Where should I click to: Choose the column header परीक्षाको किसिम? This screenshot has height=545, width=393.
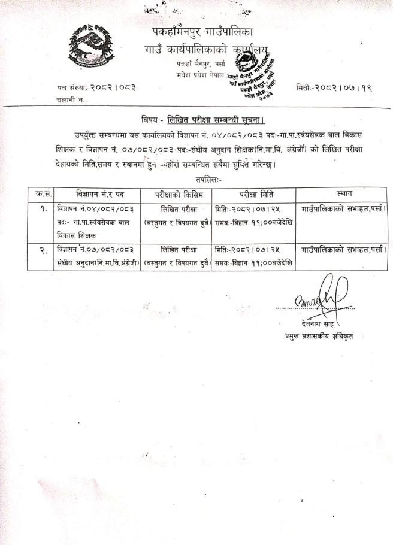(176, 194)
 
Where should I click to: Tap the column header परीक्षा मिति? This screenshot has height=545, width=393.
(254, 194)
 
